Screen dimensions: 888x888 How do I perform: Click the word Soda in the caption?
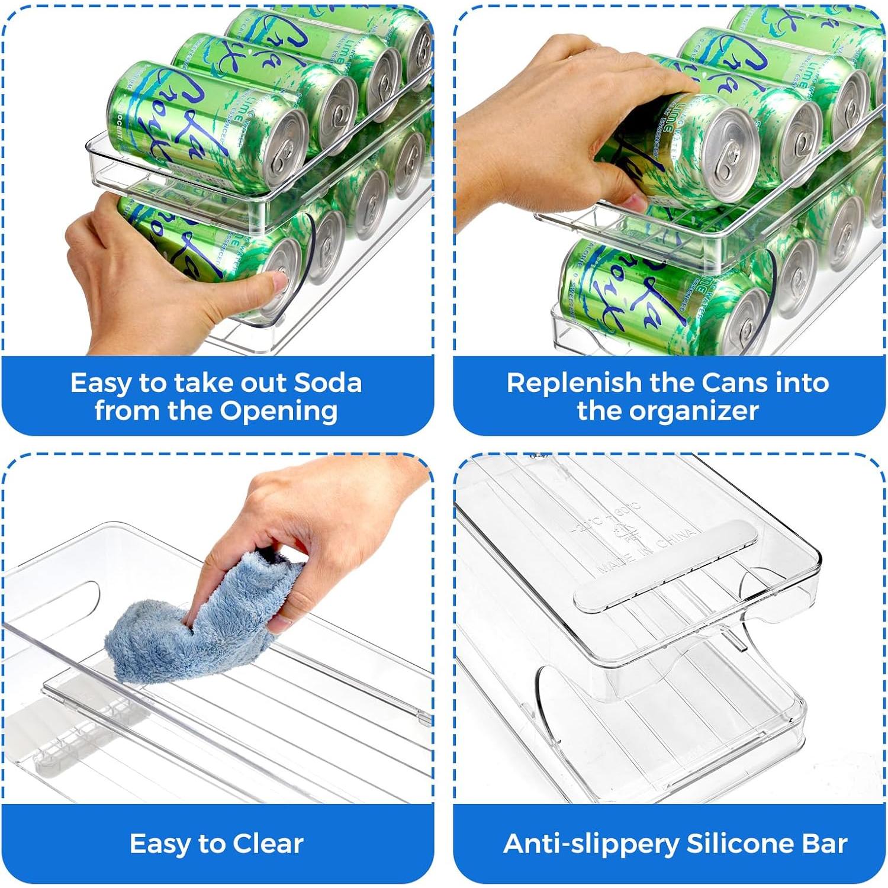pyautogui.click(x=328, y=383)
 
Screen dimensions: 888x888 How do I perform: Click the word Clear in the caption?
pyautogui.click(x=268, y=844)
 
